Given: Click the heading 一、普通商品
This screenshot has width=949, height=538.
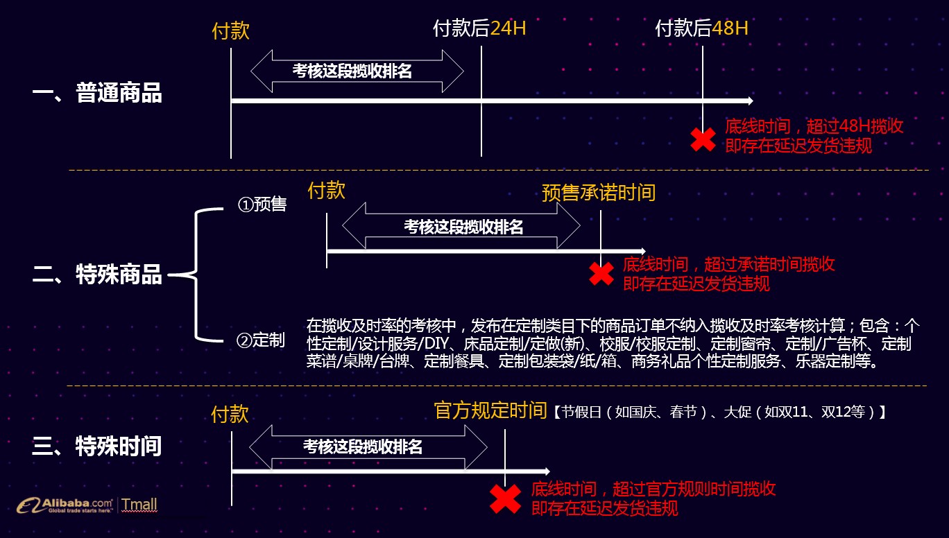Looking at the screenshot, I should (97, 93).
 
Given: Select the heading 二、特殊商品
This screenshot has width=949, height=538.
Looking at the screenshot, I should (97, 275).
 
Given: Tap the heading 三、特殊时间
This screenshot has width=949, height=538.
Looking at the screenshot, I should (97, 446).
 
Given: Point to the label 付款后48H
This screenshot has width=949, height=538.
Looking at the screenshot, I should (702, 28).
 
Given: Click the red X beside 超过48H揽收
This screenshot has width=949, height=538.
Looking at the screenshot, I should (703, 139).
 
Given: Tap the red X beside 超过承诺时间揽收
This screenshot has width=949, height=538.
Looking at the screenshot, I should (601, 273).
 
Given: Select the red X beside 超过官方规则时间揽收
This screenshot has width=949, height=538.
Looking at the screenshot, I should (506, 498).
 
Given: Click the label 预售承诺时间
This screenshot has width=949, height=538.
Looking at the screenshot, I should (599, 192).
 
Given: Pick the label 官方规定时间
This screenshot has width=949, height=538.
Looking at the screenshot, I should (490, 410).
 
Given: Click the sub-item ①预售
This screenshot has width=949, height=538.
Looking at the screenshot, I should (262, 205).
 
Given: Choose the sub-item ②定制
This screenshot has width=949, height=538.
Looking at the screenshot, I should (260, 340).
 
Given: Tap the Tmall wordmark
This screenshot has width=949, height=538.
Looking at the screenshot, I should (139, 504).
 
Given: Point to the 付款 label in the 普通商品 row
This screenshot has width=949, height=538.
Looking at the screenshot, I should (230, 31).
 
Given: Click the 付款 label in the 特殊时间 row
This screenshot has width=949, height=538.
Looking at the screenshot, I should (230, 415).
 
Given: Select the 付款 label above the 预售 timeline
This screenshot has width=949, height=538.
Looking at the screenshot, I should (326, 191).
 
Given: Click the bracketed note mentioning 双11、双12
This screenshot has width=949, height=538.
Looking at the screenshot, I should (719, 412).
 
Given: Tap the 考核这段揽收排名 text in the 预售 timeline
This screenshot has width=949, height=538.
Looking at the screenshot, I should (463, 227).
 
